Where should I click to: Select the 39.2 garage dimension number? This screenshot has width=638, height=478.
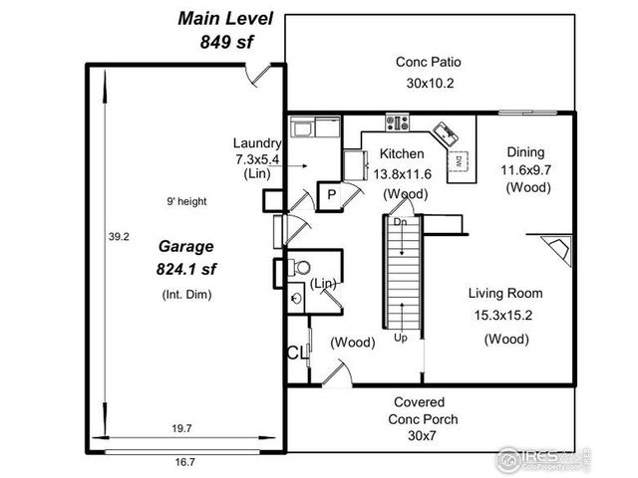[x=119, y=237]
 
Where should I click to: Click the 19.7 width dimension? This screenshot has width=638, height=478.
[x=181, y=428]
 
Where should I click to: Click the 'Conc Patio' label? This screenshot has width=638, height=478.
[x=428, y=62]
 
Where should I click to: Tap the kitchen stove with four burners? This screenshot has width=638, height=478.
[x=397, y=123]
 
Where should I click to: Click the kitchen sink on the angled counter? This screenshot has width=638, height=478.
[x=444, y=132]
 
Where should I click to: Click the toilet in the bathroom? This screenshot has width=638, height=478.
[x=300, y=267]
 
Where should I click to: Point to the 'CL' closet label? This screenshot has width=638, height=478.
[x=296, y=352]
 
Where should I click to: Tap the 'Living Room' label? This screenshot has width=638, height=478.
[x=505, y=293]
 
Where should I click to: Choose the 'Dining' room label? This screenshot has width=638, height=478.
[x=525, y=152]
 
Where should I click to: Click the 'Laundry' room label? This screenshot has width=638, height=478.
[x=256, y=142]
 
